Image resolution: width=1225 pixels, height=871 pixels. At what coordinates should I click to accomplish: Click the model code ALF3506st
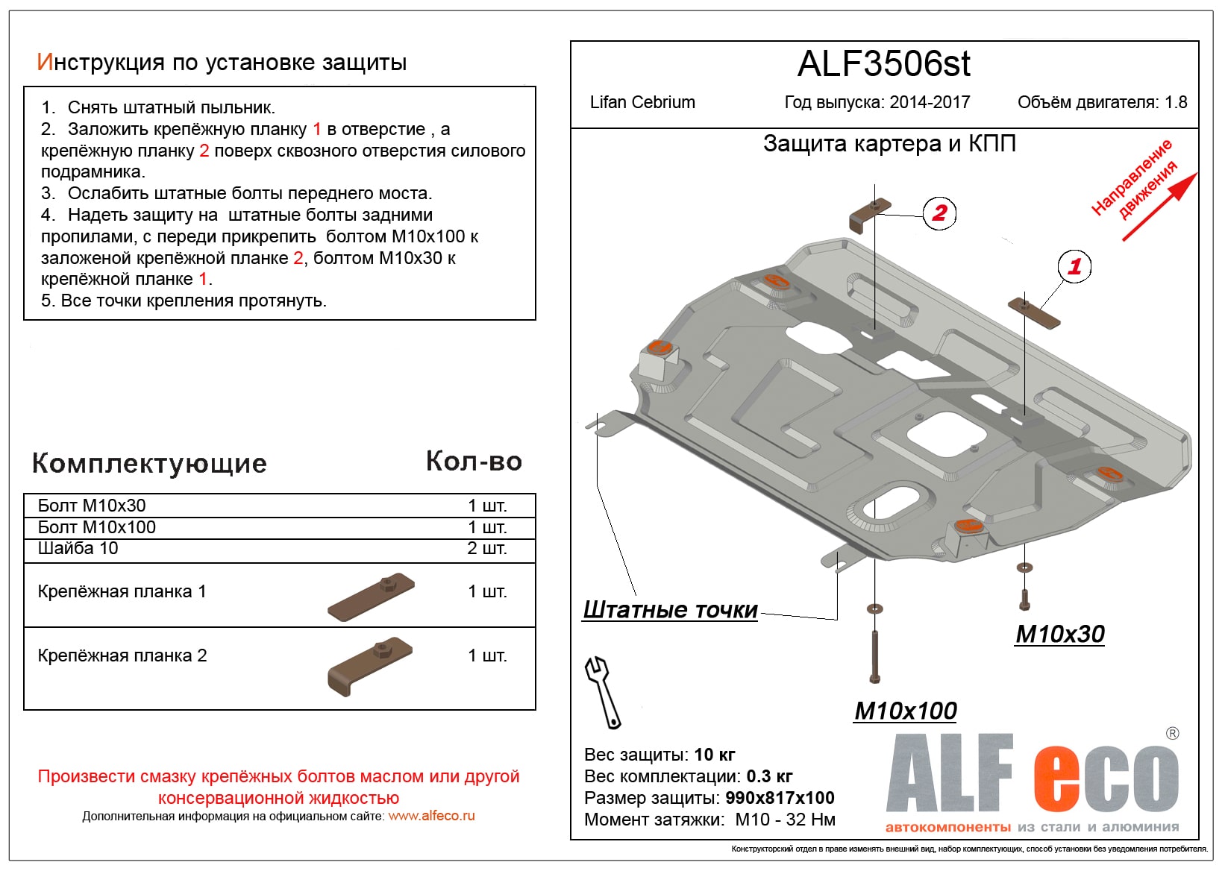tap(883, 64)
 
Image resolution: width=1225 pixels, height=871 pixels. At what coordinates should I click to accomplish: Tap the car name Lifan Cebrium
tap(642, 102)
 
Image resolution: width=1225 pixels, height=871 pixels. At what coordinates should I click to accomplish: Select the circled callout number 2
tap(939, 213)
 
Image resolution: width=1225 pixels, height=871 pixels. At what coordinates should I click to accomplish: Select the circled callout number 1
tap(1074, 266)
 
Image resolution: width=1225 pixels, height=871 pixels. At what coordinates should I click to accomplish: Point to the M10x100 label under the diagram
tap(905, 711)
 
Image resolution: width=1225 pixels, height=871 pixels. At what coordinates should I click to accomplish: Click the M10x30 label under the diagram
tap(1059, 634)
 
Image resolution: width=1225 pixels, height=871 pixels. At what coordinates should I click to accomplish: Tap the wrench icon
tap(603, 691)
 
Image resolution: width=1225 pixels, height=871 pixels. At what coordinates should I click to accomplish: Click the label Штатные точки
tap(670, 610)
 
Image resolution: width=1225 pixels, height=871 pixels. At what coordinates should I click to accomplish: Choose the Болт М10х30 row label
tap(92, 506)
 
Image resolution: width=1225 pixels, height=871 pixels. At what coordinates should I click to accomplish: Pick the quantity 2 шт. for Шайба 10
tap(486, 548)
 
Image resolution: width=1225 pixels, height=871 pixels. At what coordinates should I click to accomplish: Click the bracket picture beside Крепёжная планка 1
tap(371, 596)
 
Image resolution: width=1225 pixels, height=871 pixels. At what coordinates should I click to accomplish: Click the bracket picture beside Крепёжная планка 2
tap(369, 666)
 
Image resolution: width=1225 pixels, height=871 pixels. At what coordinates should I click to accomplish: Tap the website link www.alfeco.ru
tap(431, 816)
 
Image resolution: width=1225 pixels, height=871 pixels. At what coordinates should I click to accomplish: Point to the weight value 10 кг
tap(715, 755)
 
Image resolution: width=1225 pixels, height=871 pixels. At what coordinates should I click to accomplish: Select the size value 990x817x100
tap(780, 798)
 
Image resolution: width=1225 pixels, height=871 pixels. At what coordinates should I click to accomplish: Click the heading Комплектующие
tap(149, 463)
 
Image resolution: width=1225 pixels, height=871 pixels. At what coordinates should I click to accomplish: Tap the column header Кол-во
tap(474, 462)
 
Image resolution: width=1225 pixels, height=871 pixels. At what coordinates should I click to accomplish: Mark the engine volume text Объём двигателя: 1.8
tap(1102, 102)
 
